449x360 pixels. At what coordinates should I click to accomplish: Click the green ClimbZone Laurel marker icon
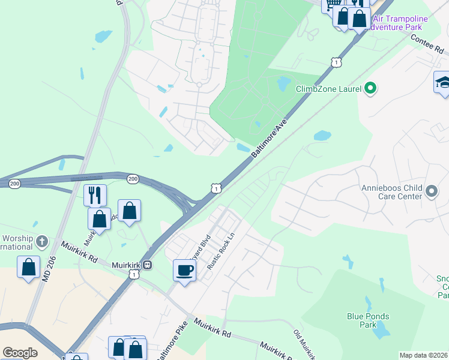370,89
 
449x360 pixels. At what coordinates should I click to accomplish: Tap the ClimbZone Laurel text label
328,89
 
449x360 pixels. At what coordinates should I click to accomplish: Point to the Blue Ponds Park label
368,320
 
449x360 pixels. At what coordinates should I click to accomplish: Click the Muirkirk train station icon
147,265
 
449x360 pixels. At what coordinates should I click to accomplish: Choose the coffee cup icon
184,271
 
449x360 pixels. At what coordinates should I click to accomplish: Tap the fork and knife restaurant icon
95,195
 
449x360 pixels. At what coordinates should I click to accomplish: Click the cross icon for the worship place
41,242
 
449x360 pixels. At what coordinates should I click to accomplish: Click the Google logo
19,353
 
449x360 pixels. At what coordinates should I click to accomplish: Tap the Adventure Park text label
399,27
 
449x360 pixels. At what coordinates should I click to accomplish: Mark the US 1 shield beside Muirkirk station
134,274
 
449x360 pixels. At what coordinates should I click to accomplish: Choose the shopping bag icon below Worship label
29,268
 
